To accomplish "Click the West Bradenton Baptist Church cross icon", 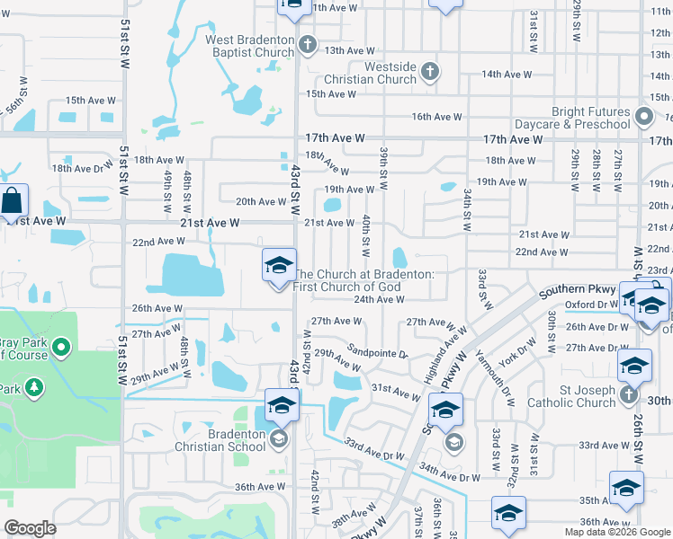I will point(308,44).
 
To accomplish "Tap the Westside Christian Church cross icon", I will point(430,71).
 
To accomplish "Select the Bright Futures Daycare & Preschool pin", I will point(643,117).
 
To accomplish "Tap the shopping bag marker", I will point(13,202).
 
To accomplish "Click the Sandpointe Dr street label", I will point(378,353).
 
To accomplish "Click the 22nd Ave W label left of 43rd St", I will point(158,242).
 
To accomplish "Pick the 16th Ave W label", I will point(436,117).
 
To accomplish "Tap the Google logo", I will point(31,528).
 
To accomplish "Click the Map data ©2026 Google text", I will point(617,532).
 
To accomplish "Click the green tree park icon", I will point(34,387).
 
